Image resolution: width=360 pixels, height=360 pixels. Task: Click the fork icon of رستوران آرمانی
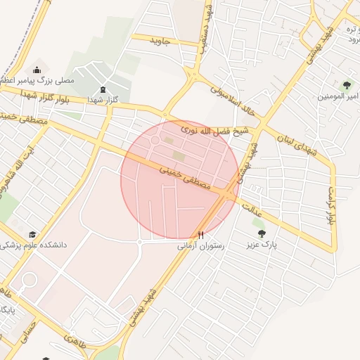[201, 235]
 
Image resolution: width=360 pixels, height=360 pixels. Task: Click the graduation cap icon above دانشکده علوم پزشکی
[32, 234]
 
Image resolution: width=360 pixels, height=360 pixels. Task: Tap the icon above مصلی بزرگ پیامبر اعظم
[37, 70]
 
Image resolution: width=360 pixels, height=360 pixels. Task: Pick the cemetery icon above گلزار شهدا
[104, 89]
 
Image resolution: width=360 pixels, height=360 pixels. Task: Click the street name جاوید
[160, 41]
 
